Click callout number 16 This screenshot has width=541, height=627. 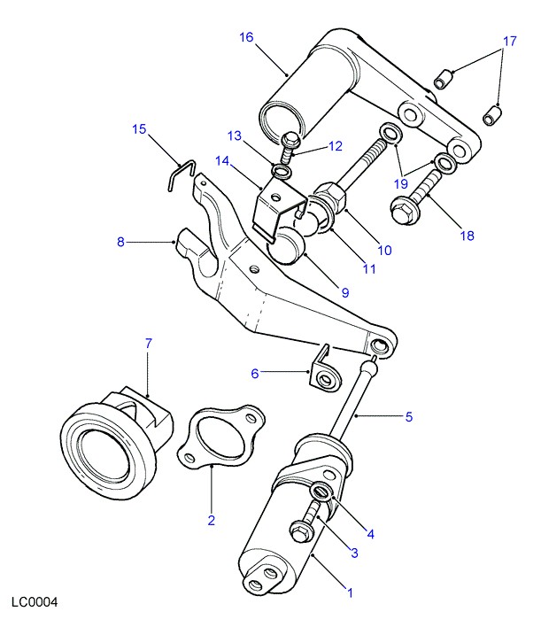(x=246, y=37)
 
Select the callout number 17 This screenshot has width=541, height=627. (x=509, y=42)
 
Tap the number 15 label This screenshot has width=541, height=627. (x=139, y=129)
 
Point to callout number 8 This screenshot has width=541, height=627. (x=120, y=240)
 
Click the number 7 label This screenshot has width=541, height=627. (x=149, y=342)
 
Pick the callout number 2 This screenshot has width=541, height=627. (x=211, y=520)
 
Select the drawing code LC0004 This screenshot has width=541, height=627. (x=35, y=602)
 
